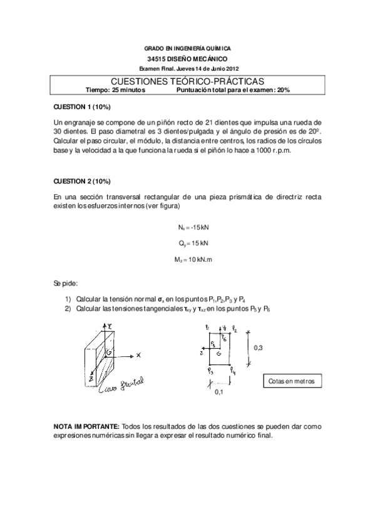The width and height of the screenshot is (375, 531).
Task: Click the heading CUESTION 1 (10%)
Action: click(x=82, y=106)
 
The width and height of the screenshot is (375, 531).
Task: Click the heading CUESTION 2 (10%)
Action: click(x=82, y=182)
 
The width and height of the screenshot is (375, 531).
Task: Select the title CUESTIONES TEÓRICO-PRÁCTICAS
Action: click(x=187, y=81)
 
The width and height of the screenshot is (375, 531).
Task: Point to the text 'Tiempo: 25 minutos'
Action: click(x=111, y=90)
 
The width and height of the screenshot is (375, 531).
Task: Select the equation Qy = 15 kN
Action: click(x=187, y=242)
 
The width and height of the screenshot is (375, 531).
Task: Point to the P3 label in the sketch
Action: click(x=210, y=373)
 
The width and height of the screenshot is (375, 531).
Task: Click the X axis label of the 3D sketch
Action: click(x=139, y=354)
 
